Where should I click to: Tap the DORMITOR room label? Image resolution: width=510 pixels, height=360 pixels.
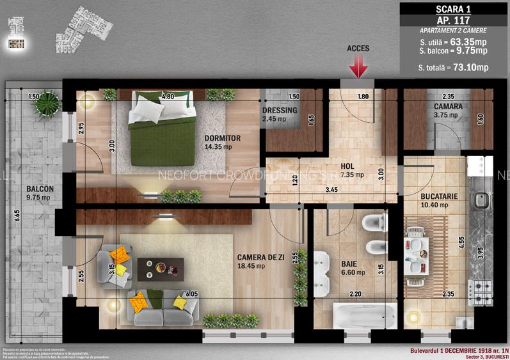[x=223, y=138]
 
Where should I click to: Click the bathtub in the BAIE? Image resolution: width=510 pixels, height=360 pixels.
[x=364, y=315]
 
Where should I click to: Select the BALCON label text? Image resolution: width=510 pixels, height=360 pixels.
[x=40, y=189]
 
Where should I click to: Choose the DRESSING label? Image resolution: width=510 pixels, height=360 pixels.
[x=280, y=110]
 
